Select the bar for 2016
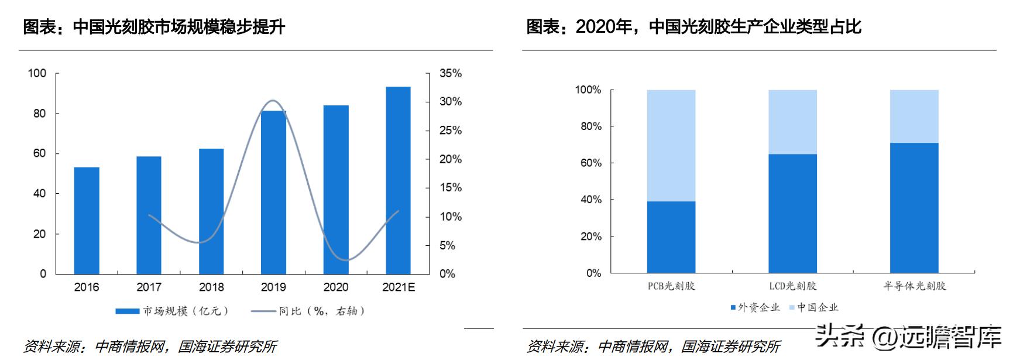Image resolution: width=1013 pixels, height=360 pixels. pyautogui.click(x=87, y=221)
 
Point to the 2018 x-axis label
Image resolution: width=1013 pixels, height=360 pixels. pyautogui.click(x=211, y=287)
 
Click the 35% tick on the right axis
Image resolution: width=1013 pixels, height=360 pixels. pyautogui.click(x=451, y=74)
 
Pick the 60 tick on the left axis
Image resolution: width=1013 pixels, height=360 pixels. pyautogui.click(x=39, y=153)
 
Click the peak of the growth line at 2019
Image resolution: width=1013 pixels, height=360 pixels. pyautogui.click(x=273, y=101)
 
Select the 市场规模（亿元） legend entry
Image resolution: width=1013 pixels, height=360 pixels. pyautogui.click(x=172, y=311)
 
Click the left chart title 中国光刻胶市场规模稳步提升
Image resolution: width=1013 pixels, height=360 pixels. pyautogui.click(x=154, y=27)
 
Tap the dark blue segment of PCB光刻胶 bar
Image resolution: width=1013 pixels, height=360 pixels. pyautogui.click(x=671, y=237)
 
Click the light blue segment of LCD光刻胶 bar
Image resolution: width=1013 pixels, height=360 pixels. pyautogui.click(x=792, y=122)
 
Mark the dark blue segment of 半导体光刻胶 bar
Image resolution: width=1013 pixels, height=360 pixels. pyautogui.click(x=914, y=208)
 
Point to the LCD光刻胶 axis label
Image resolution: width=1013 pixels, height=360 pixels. pyautogui.click(x=792, y=286)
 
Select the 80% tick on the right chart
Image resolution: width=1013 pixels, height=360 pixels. pyautogui.click(x=590, y=126)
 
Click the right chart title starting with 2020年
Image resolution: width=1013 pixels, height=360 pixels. pyautogui.click(x=693, y=27)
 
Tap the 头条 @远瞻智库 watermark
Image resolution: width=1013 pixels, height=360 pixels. pyautogui.click(x=909, y=336)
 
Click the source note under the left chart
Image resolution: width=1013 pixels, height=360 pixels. pyautogui.click(x=150, y=347)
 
